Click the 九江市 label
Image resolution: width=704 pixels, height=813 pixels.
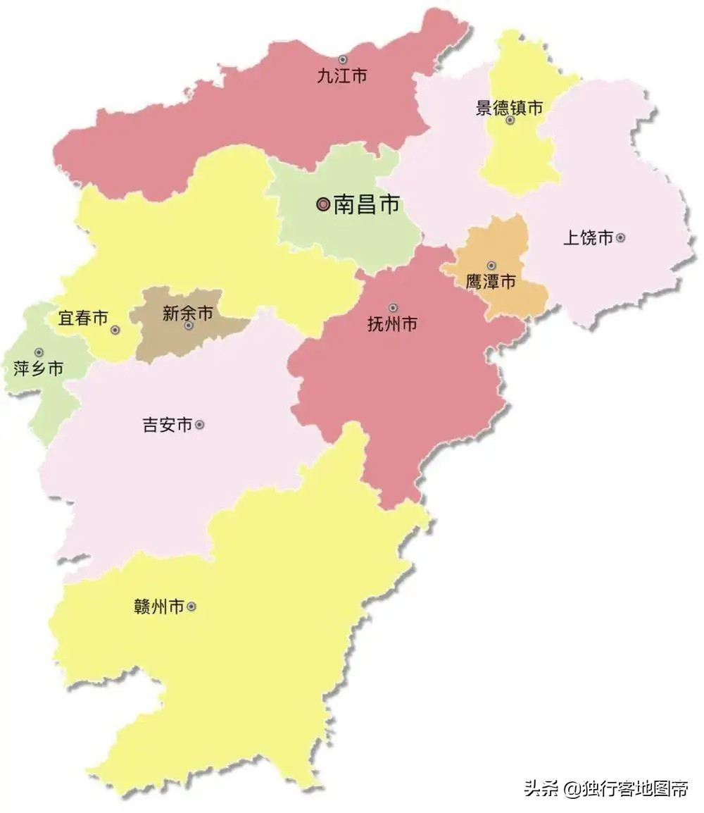click(341, 76)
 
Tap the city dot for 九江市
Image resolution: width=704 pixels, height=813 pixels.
click(343, 60)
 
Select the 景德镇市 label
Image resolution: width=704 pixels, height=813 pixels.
click(510, 108)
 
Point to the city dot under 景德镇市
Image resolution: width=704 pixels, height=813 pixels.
click(510, 120)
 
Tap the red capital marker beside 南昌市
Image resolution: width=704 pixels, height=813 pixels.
click(323, 205)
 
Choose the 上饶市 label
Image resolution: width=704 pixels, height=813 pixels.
click(588, 238)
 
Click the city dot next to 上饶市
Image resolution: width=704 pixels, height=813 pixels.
click(620, 238)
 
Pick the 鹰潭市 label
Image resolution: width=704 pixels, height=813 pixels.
click(491, 282)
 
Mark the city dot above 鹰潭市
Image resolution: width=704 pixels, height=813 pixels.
click(491, 266)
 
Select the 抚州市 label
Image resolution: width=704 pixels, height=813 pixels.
click(392, 324)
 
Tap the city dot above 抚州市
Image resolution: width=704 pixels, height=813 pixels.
click(393, 308)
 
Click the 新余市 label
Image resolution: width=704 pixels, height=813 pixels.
click(187, 314)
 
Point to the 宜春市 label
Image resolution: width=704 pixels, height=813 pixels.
click(83, 318)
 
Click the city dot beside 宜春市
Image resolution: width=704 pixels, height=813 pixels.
click(115, 330)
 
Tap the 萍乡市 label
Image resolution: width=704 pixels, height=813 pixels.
click(39, 368)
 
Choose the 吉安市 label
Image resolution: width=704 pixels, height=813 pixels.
click(168, 426)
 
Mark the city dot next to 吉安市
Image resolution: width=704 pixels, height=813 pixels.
click(200, 425)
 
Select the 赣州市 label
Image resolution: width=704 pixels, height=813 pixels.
click(158, 607)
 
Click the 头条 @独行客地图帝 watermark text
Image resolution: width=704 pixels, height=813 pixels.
click(605, 788)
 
